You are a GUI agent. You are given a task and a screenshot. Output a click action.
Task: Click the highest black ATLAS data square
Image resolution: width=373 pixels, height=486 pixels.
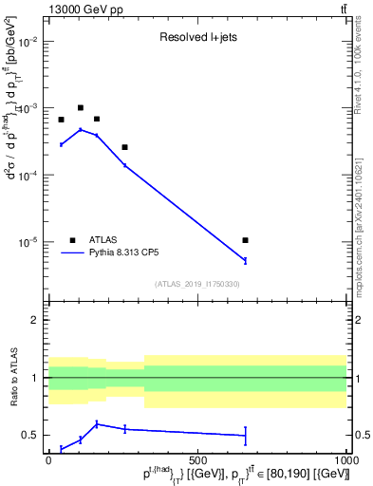click(81, 108)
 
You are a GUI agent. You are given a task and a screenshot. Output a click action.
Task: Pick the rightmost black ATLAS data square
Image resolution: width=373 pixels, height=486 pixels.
click(246, 240)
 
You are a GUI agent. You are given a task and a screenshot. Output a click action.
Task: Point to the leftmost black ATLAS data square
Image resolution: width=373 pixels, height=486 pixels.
click(61, 120)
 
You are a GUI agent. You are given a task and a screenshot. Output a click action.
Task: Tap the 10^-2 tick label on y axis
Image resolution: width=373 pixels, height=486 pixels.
click(27, 43)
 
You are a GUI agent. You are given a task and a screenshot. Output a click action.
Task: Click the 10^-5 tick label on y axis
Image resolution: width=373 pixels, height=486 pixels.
click(27, 242)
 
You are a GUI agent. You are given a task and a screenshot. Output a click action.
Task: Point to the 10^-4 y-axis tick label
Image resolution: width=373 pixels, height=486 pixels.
click(27, 176)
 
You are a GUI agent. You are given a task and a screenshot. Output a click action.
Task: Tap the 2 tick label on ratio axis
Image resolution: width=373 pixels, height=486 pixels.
click(35, 320)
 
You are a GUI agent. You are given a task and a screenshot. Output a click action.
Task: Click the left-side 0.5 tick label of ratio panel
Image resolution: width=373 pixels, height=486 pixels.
click(30, 435)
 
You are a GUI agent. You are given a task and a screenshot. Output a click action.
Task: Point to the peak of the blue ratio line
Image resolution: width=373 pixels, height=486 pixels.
click(97, 423)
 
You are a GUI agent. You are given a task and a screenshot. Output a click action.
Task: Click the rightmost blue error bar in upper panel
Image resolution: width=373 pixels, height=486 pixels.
click(246, 260)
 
